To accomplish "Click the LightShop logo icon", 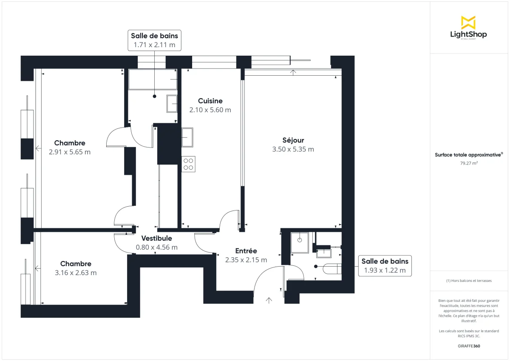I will (468, 22).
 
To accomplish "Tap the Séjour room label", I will (293, 140).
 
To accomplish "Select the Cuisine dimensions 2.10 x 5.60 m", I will (210, 110).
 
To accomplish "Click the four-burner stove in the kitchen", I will (189, 164).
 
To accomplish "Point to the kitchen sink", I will (187, 137).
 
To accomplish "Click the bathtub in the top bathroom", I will (153, 80).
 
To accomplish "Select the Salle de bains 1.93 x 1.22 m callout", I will (385, 266).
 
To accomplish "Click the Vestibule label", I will (156, 238).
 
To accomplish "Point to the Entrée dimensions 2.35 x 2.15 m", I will (246, 260).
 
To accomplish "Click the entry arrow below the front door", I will (269, 301).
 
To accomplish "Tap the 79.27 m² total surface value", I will (469, 163).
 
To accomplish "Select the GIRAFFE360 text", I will (469, 346).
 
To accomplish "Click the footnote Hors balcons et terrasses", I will (469, 281).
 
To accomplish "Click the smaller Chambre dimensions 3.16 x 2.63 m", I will (76, 273).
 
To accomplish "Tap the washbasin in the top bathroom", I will (172, 103).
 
